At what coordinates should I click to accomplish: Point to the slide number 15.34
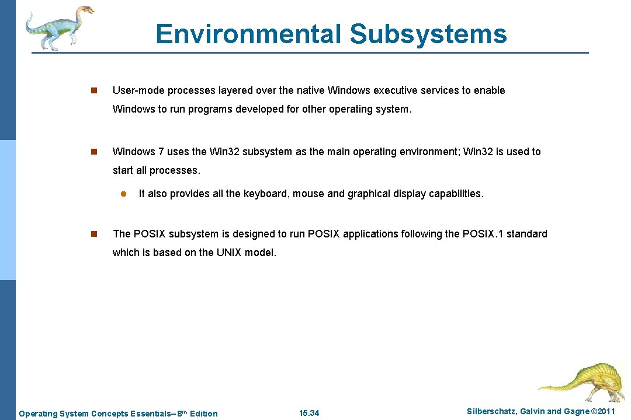tap(309, 414)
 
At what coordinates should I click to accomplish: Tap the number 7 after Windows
tap(161, 152)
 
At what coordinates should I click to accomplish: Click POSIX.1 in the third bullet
tap(483, 234)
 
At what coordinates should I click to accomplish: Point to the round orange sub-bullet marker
tap(124, 194)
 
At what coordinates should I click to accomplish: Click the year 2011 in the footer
tap(604, 412)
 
